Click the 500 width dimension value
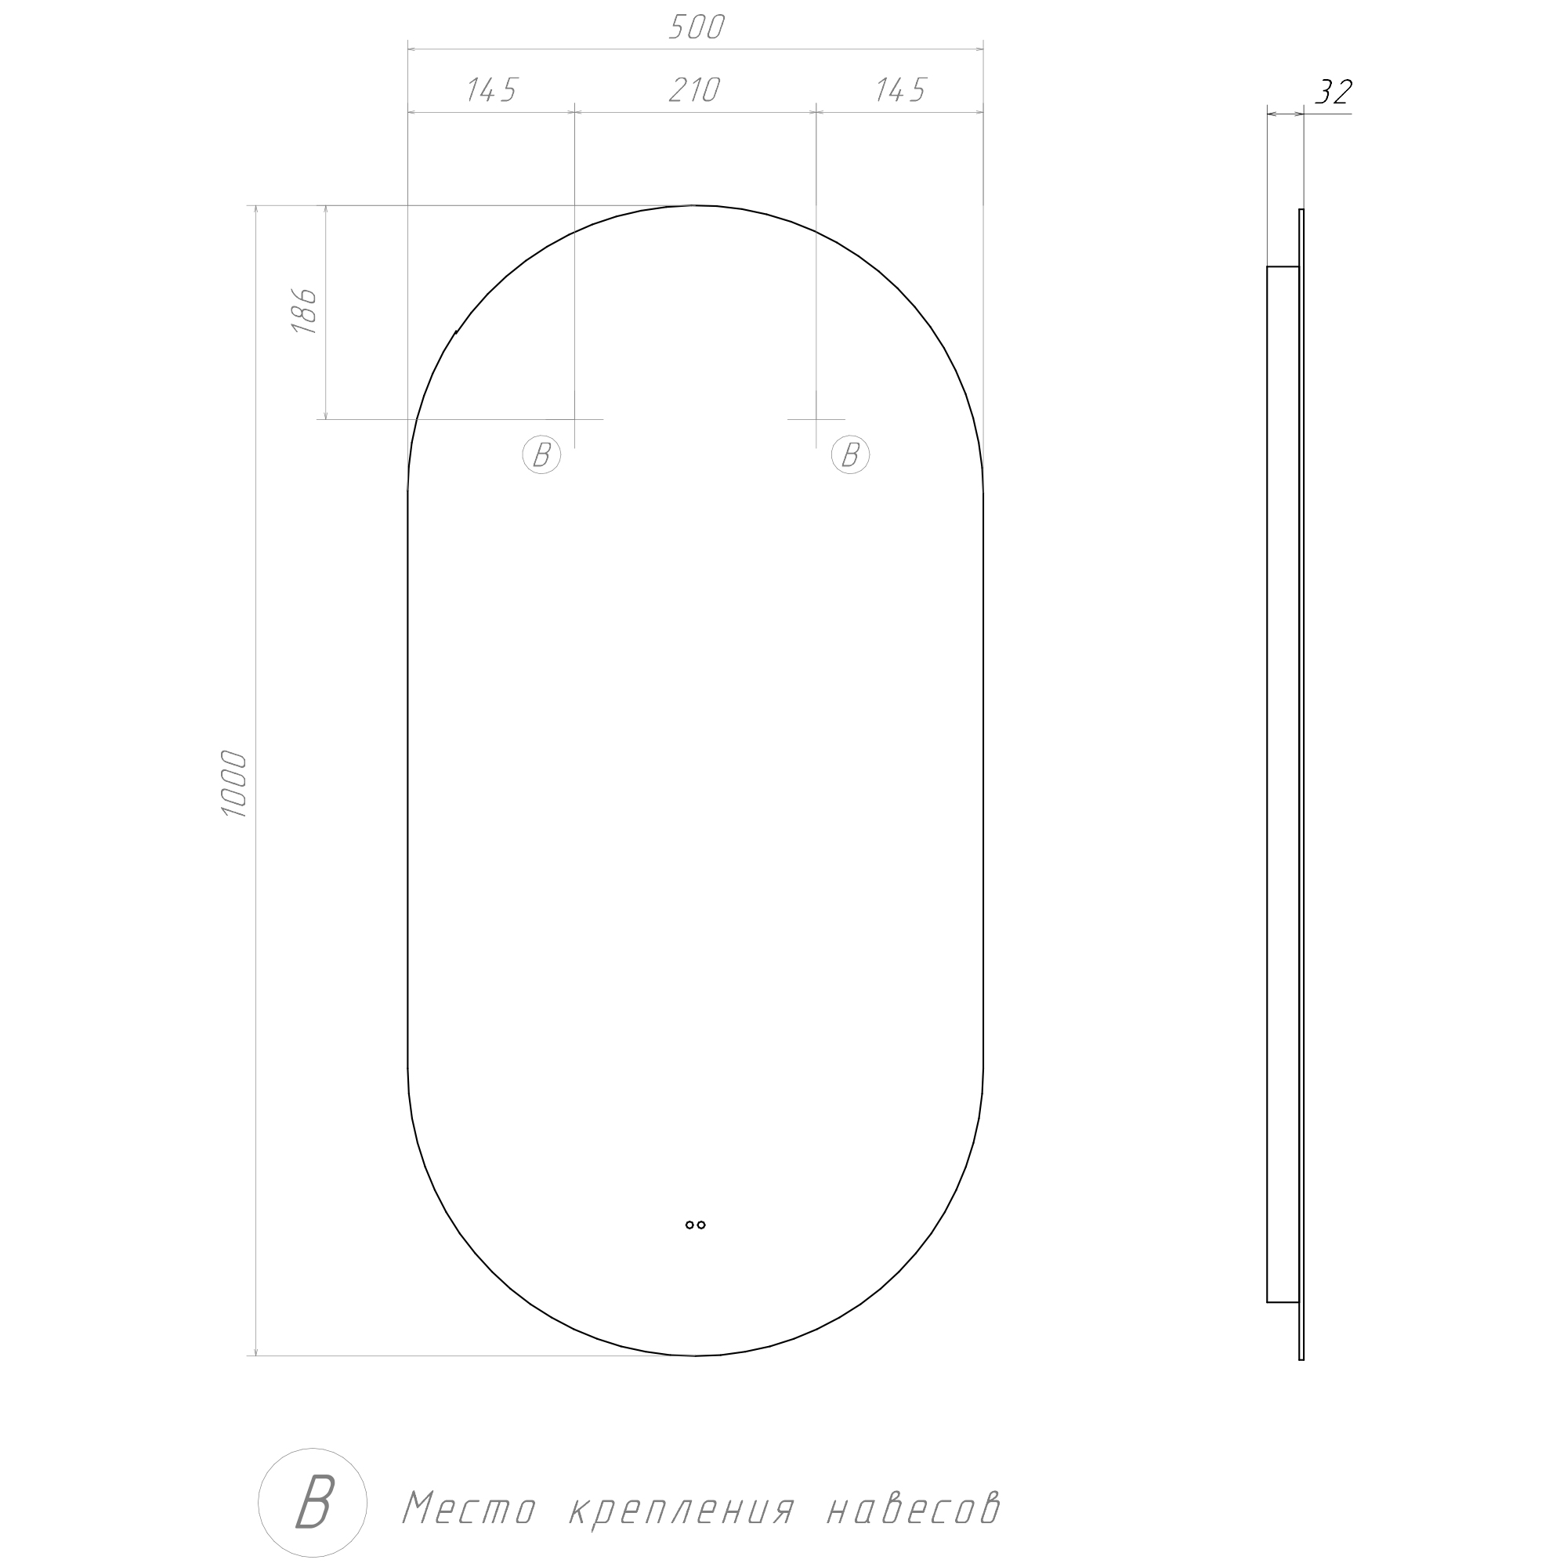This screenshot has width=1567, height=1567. [x=696, y=27]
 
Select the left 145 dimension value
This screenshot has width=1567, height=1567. [x=490, y=90]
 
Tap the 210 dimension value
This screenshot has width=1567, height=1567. [x=694, y=90]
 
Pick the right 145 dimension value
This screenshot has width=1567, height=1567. [x=899, y=90]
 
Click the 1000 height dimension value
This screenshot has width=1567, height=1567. [x=234, y=783]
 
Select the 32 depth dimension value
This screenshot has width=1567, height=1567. [x=1334, y=92]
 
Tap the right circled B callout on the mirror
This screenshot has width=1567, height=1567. [x=850, y=455]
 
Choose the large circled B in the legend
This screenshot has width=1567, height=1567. [x=313, y=1502]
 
